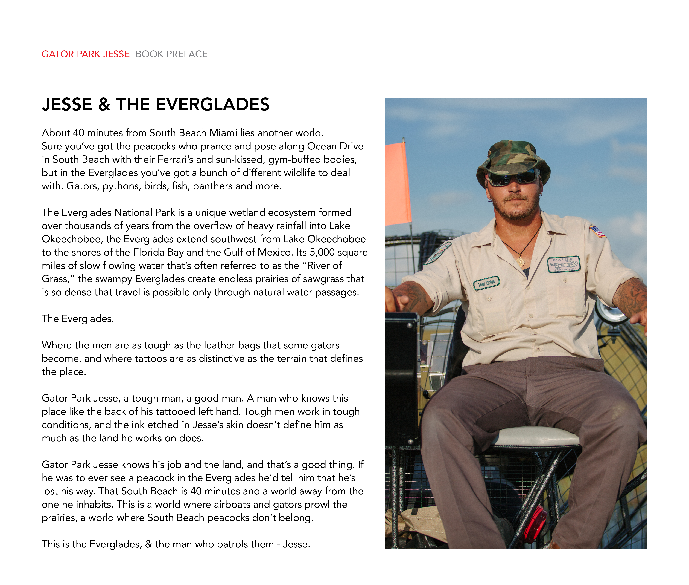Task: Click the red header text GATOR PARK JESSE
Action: (86, 54)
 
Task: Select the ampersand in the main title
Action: (104, 105)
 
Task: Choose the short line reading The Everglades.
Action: (78, 319)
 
